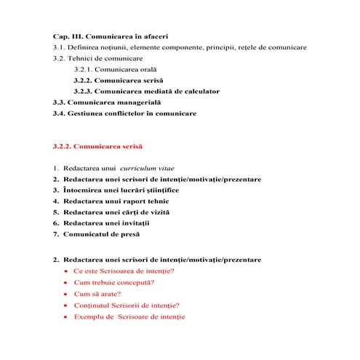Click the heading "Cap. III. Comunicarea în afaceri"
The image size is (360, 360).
coord(111,36)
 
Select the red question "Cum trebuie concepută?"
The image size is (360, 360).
coord(113,282)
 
